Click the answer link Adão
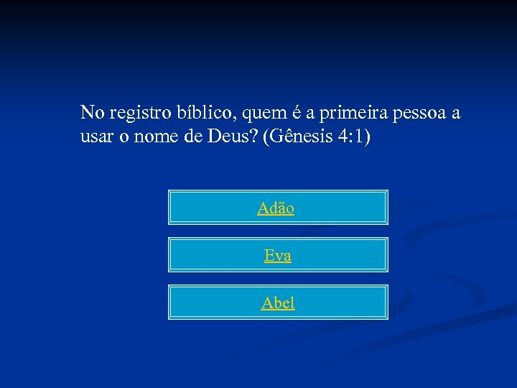click(276, 208)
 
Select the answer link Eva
click(278, 255)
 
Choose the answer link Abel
click(278, 302)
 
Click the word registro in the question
click(137, 114)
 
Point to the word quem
click(264, 114)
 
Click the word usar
click(96, 137)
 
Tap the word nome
click(157, 137)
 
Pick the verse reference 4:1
click(350, 137)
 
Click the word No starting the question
click(91, 114)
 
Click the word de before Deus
click(193, 137)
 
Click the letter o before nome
click(126, 137)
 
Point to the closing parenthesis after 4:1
click(368, 137)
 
